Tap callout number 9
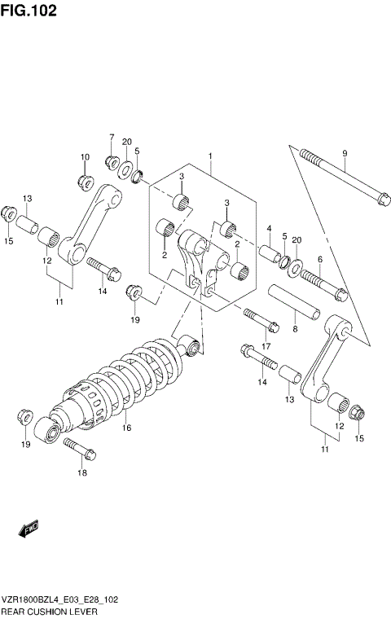(x=345, y=153)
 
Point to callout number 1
(x=210, y=155)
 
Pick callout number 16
(x=126, y=427)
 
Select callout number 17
(x=266, y=345)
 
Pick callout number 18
(x=81, y=472)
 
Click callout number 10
(x=84, y=156)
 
